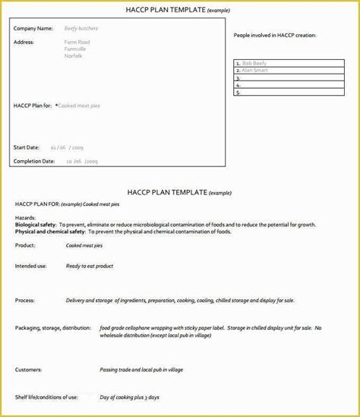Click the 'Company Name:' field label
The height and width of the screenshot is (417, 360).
pos(33,28)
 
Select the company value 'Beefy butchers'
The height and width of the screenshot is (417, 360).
pos(81,28)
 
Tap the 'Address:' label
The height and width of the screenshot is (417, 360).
pos(24,42)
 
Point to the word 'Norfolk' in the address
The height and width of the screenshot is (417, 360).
pos(74,56)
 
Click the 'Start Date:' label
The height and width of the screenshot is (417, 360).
pos(27,147)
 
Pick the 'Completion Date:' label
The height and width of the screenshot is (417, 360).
pos(34,161)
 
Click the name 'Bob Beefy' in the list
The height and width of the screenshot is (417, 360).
pos(254,63)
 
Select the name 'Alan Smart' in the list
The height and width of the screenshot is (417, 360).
pos(256,70)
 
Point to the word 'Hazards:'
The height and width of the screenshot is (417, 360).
pos(25,217)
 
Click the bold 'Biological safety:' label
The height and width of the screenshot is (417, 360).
pos(39,224)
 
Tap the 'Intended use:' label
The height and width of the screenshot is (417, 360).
pos(30,266)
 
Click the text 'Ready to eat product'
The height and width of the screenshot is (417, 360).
pos(90,266)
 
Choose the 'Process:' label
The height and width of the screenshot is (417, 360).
pos(25,300)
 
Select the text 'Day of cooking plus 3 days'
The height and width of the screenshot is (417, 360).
pos(131,396)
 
